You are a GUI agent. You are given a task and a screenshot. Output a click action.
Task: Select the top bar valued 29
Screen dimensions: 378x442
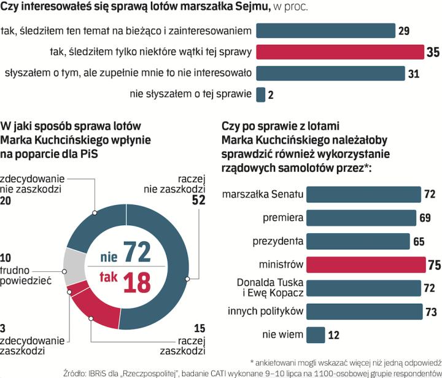click(x=325, y=30)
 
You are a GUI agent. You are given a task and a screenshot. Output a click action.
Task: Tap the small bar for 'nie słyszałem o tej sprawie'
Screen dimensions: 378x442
click(x=260, y=94)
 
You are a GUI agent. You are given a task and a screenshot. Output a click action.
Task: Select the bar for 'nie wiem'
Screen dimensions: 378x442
click(x=316, y=334)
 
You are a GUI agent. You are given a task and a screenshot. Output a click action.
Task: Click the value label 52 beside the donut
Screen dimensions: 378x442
click(x=198, y=200)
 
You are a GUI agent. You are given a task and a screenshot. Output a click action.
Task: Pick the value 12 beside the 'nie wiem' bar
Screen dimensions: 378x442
click(x=334, y=334)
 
